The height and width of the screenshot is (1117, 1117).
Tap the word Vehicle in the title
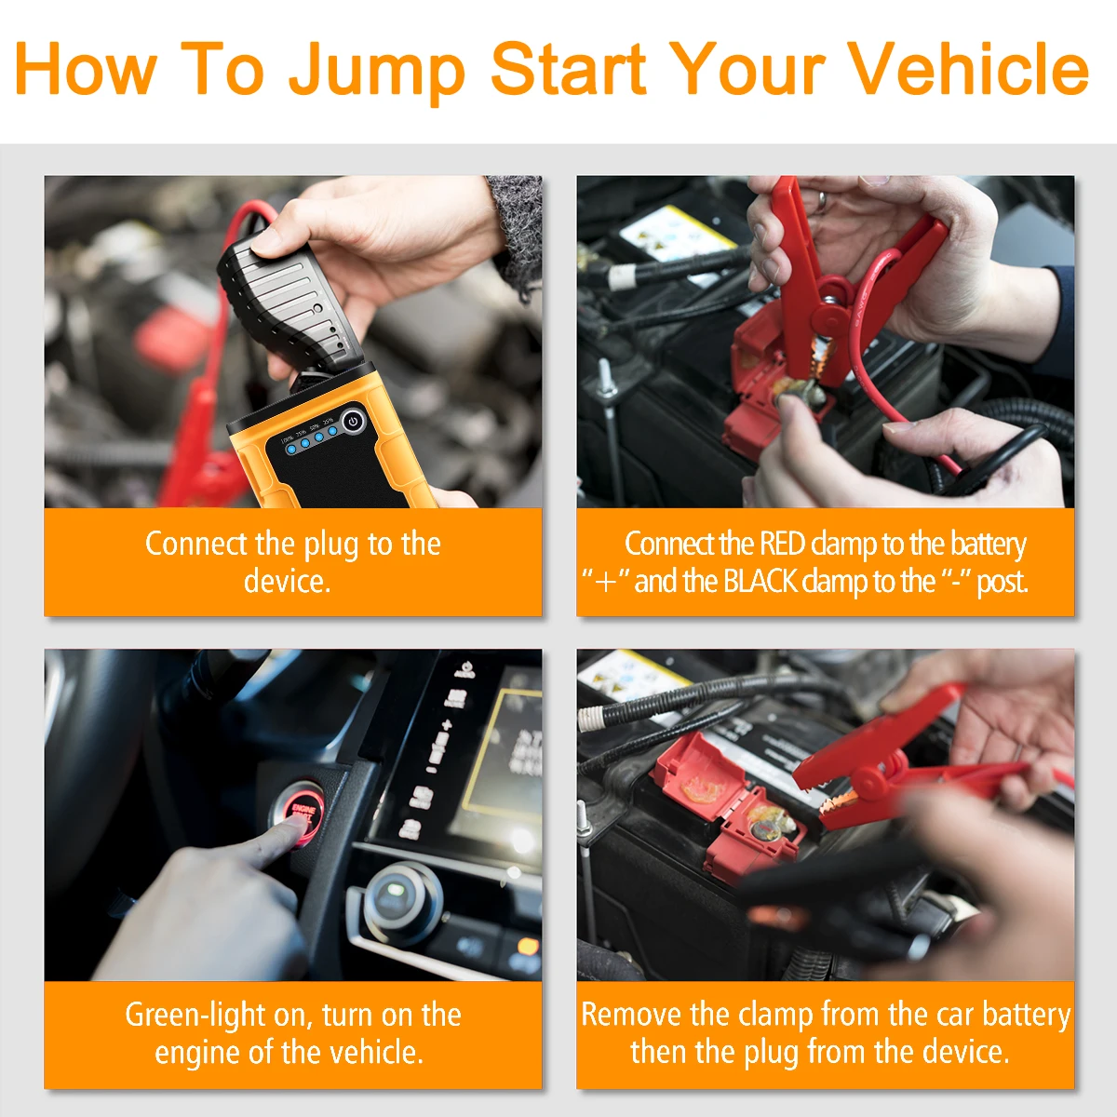point(969,68)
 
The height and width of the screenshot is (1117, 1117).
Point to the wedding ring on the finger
point(822,200)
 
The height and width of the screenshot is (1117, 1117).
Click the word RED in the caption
point(782,544)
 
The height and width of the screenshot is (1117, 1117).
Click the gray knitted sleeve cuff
point(516,232)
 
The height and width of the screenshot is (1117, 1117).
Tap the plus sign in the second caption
point(606,583)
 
